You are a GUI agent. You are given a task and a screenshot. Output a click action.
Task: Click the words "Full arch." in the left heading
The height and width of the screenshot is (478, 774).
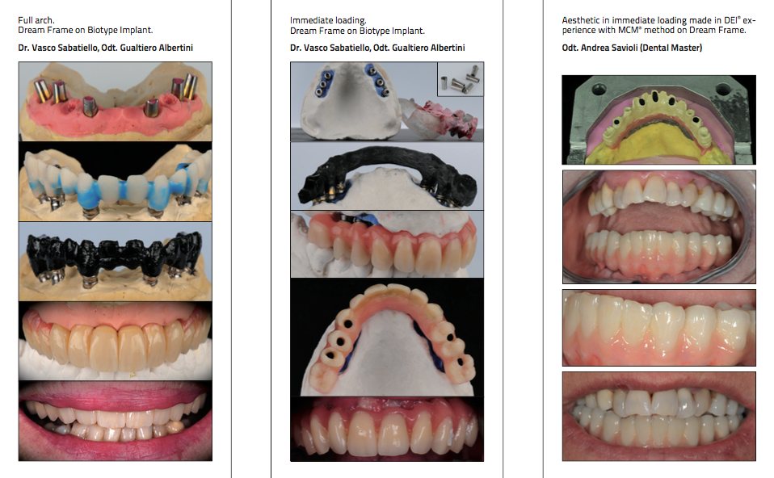(36, 20)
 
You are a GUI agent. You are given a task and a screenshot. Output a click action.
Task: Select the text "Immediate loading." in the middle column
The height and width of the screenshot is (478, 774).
(328, 21)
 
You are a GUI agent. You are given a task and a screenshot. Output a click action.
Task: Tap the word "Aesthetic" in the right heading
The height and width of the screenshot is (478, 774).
(580, 20)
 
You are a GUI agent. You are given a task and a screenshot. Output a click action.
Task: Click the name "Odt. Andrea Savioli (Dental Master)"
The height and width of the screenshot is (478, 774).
(632, 48)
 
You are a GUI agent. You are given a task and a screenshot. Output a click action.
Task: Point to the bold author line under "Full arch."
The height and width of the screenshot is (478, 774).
(105, 48)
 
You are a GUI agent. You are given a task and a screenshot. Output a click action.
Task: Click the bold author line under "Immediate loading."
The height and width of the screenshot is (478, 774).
(377, 48)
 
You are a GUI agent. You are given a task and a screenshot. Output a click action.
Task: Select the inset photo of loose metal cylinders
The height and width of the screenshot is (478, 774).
(461, 79)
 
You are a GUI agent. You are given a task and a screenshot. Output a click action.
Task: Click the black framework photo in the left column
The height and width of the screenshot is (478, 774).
(115, 262)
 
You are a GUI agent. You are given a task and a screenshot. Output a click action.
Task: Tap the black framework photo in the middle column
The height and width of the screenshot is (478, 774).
(387, 176)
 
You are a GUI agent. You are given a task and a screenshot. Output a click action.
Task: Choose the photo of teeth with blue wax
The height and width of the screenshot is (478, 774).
(115, 182)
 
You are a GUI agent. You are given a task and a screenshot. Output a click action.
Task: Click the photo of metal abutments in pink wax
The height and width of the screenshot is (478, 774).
(115, 101)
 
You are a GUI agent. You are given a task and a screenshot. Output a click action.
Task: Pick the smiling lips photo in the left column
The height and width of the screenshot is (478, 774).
(115, 421)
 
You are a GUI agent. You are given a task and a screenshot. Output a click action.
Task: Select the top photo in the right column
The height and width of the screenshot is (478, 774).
(659, 119)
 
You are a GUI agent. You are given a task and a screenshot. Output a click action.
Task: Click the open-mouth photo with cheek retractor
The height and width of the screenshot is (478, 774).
(659, 227)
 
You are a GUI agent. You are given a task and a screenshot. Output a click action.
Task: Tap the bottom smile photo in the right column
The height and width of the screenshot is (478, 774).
(659, 417)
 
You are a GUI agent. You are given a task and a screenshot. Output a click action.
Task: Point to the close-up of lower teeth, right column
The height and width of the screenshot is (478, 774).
(659, 328)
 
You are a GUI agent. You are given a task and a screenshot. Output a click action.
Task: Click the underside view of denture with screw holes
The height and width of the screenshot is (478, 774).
(387, 338)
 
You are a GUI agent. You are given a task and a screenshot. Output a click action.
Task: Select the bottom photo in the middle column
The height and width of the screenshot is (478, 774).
(387, 430)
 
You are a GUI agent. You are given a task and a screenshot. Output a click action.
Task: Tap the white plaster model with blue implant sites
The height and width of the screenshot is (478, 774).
(351, 102)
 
